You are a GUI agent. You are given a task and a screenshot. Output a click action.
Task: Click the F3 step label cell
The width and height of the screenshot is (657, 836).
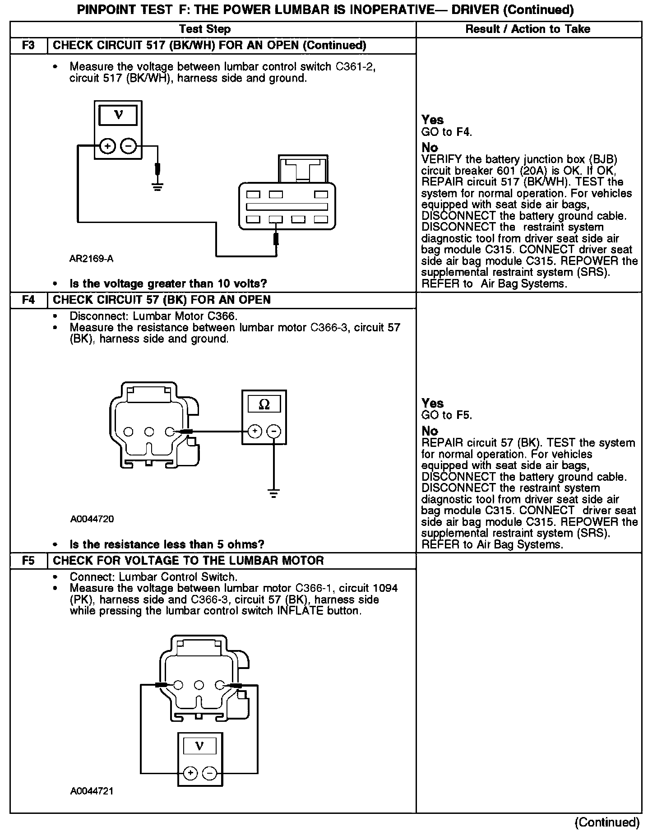click(28, 46)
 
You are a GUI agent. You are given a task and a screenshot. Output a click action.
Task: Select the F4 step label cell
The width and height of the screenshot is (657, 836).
click(28, 300)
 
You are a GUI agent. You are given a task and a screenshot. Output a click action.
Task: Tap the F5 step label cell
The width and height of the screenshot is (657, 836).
click(28, 561)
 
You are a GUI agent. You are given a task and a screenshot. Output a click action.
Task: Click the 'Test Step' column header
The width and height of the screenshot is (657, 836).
click(204, 29)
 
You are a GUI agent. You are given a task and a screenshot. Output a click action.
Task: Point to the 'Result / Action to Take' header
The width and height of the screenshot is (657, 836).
click(527, 29)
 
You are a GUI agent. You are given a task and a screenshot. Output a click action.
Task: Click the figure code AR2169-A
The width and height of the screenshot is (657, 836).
click(91, 259)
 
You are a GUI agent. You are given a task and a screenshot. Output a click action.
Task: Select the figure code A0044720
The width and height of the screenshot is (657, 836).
click(92, 519)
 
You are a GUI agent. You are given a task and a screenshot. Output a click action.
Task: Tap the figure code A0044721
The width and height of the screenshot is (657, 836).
click(92, 791)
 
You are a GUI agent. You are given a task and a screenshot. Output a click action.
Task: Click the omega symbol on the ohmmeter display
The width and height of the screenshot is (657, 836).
click(264, 405)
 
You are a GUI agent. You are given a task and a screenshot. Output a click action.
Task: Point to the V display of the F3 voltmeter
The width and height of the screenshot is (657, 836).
click(118, 115)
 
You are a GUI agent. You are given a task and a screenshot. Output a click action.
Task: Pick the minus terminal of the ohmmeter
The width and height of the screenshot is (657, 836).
click(273, 432)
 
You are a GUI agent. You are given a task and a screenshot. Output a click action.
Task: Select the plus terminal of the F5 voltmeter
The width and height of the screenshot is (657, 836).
click(190, 773)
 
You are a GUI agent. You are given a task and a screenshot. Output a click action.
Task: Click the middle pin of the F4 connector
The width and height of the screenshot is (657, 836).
click(149, 432)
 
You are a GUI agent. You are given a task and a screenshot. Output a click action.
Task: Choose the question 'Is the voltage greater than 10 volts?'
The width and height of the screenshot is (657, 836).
click(168, 284)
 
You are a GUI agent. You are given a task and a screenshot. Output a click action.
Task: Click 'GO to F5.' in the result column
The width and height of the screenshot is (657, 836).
click(446, 415)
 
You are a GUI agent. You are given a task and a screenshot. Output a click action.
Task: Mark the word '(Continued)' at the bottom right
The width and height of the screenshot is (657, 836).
click(607, 822)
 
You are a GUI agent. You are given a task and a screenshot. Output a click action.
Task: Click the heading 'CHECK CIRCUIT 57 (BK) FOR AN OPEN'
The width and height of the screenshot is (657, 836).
click(162, 300)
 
